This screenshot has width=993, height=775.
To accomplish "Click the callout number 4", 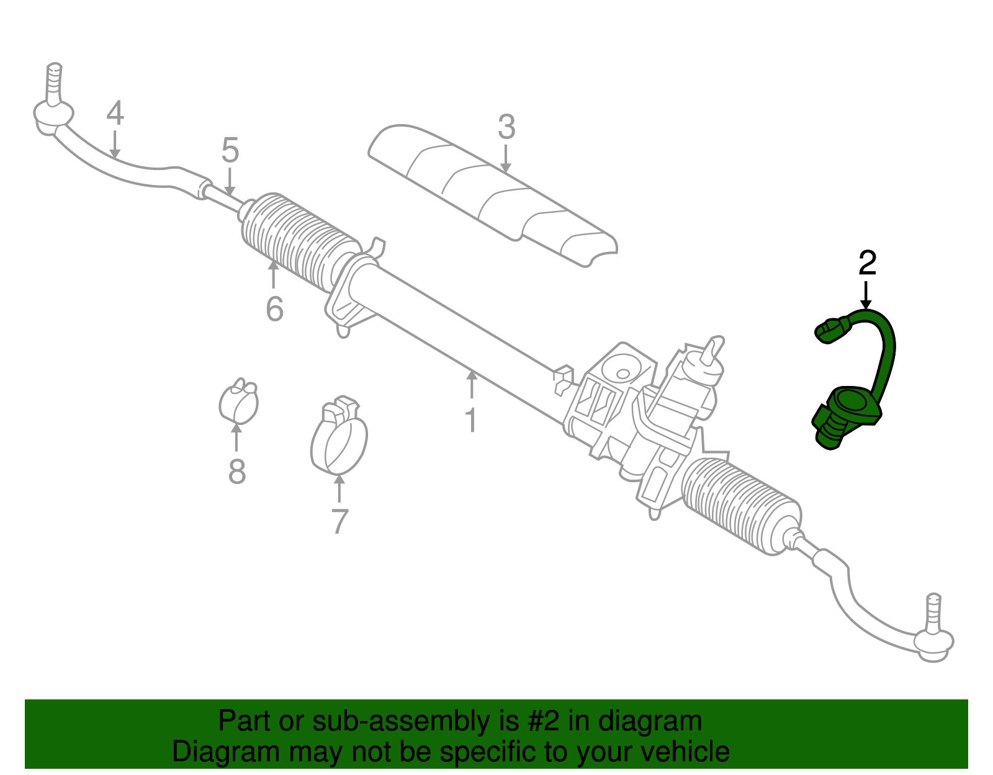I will pyautogui.click(x=115, y=114).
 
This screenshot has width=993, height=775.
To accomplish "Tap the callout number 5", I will pyautogui.click(x=230, y=151).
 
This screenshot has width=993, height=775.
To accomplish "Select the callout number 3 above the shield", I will pyautogui.click(x=506, y=127).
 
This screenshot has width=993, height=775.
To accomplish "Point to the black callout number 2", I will pyautogui.click(x=867, y=264).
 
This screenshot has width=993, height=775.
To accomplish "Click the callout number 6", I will pyautogui.click(x=274, y=308).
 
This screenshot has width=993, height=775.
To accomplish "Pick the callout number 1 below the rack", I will pyautogui.click(x=471, y=420).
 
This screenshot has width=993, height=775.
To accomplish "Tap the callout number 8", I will pyautogui.click(x=237, y=472).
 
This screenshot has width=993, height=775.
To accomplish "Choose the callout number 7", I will pyautogui.click(x=339, y=521).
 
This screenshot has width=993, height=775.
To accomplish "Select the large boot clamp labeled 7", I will pyautogui.click(x=339, y=437).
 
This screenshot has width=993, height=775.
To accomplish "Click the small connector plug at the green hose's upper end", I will pyautogui.click(x=829, y=331).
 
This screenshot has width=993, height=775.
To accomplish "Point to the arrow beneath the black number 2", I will pyautogui.click(x=866, y=295).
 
